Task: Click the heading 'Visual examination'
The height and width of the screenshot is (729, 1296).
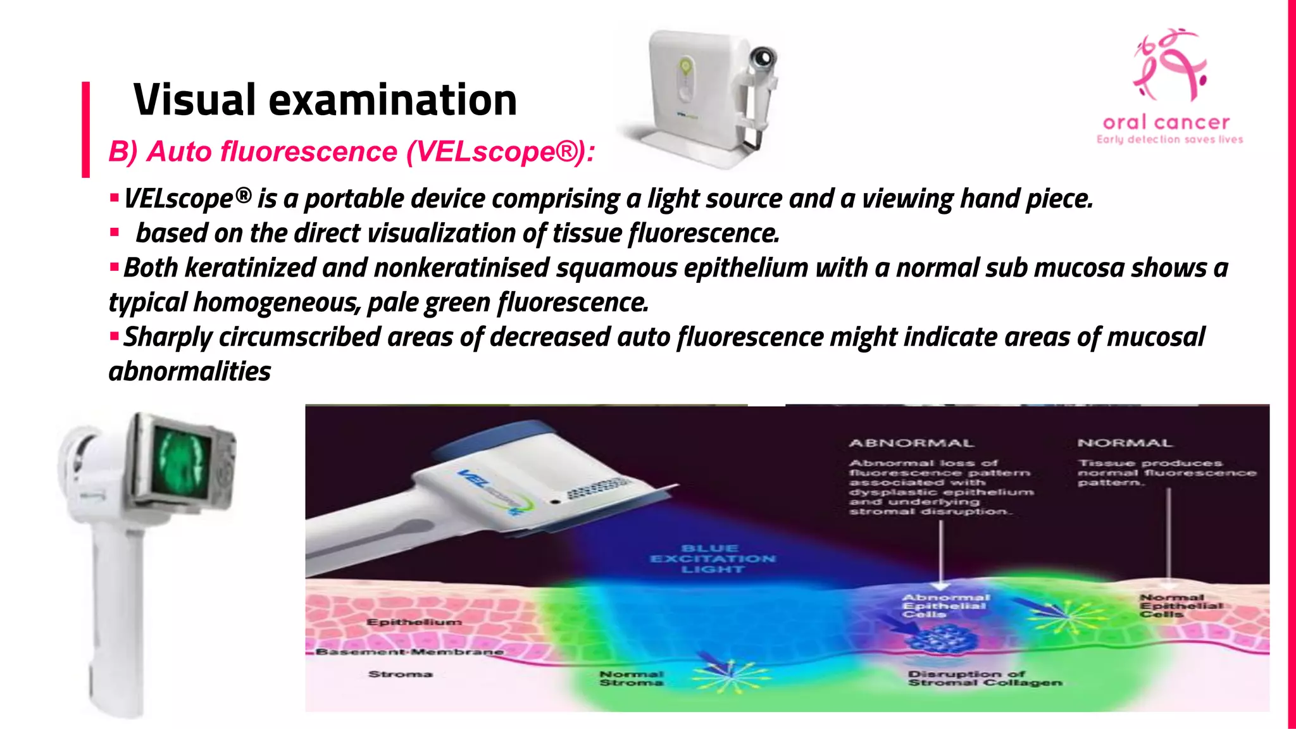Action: point(325,101)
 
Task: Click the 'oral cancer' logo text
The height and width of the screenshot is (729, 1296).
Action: point(1166,122)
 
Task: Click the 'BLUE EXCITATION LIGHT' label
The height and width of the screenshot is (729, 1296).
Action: point(713,559)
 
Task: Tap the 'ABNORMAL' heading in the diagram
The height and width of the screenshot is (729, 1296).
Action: point(911,443)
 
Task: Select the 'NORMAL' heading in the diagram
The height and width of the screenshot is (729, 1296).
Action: point(1125,443)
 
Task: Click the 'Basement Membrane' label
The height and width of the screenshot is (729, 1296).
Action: point(410,651)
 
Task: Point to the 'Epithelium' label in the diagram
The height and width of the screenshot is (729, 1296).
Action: point(414,622)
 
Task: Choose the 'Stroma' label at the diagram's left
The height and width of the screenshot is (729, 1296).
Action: point(400,674)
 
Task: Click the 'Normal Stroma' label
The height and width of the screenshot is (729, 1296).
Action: point(631,678)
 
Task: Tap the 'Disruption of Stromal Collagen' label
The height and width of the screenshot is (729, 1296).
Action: point(985,678)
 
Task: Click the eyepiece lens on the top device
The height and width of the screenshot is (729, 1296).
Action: point(763,58)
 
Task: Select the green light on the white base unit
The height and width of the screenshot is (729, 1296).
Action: point(684,65)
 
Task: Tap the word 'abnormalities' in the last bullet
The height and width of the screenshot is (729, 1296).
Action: point(190,372)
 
